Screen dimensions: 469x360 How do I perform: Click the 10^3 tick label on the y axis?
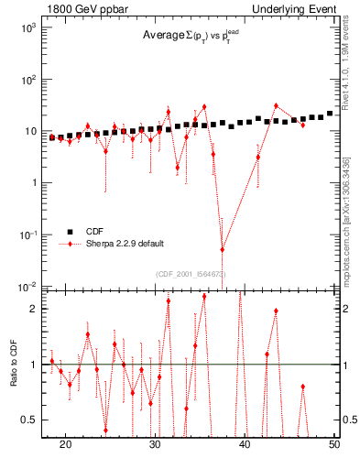[x=28, y=27]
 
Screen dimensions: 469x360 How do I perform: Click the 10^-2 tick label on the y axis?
[x=28, y=287]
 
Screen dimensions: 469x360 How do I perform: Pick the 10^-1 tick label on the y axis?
[x=28, y=235]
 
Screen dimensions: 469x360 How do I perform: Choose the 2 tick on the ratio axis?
[x=33, y=309]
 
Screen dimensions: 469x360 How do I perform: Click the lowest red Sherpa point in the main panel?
[x=222, y=249]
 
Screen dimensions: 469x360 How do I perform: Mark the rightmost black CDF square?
[x=330, y=114]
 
